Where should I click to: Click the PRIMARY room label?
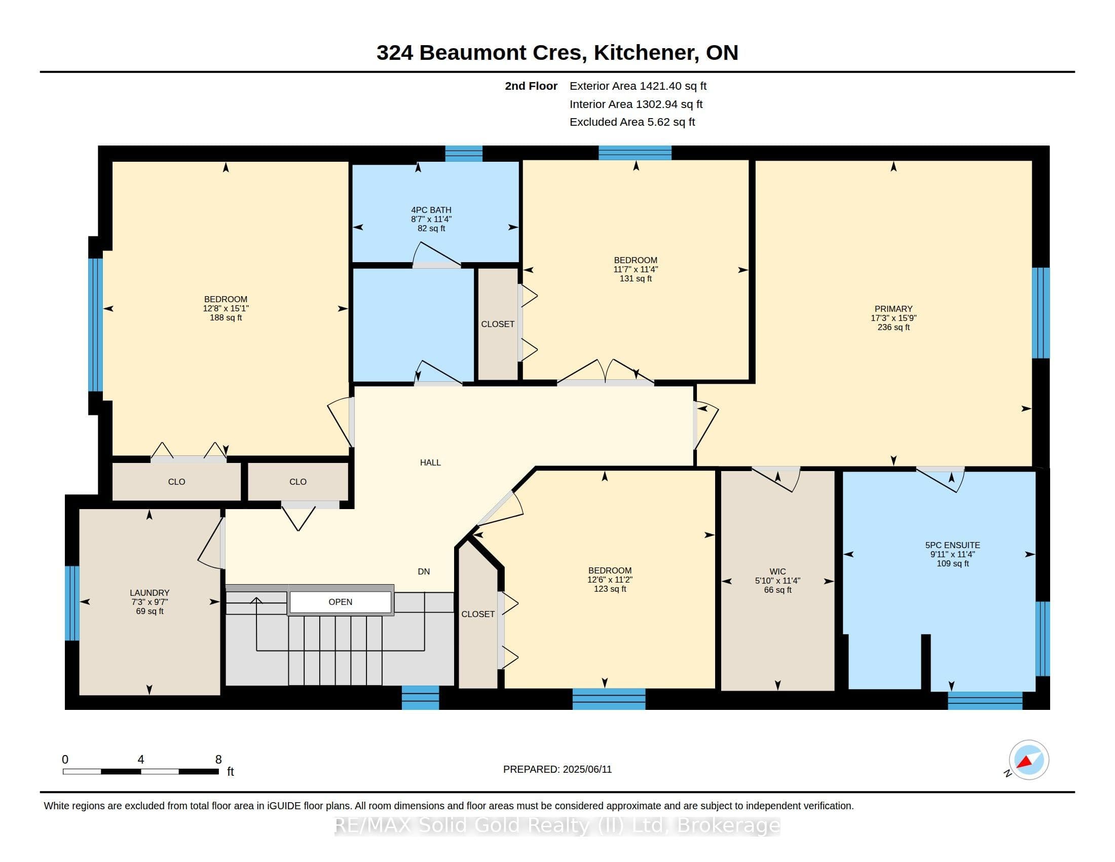tap(893, 309)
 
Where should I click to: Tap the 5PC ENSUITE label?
tap(953, 546)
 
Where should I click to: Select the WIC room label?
tap(777, 571)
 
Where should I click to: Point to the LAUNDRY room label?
tap(150, 593)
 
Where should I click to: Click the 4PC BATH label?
tap(431, 210)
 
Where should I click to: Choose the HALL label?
tap(430, 462)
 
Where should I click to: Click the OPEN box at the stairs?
tap(341, 602)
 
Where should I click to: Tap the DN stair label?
tap(424, 572)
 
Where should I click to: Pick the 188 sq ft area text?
tap(226, 317)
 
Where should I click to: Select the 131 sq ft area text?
tap(636, 279)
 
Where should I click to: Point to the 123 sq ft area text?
tap(610, 589)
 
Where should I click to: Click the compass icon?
tap(1028, 760)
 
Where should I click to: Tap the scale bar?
tap(141, 772)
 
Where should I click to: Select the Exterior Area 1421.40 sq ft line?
tap(638, 86)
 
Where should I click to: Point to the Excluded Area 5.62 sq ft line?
tap(632, 122)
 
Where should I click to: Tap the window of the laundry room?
tap(72, 603)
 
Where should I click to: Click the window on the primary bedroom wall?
tap(1040, 313)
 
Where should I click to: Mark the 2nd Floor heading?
tap(531, 86)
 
